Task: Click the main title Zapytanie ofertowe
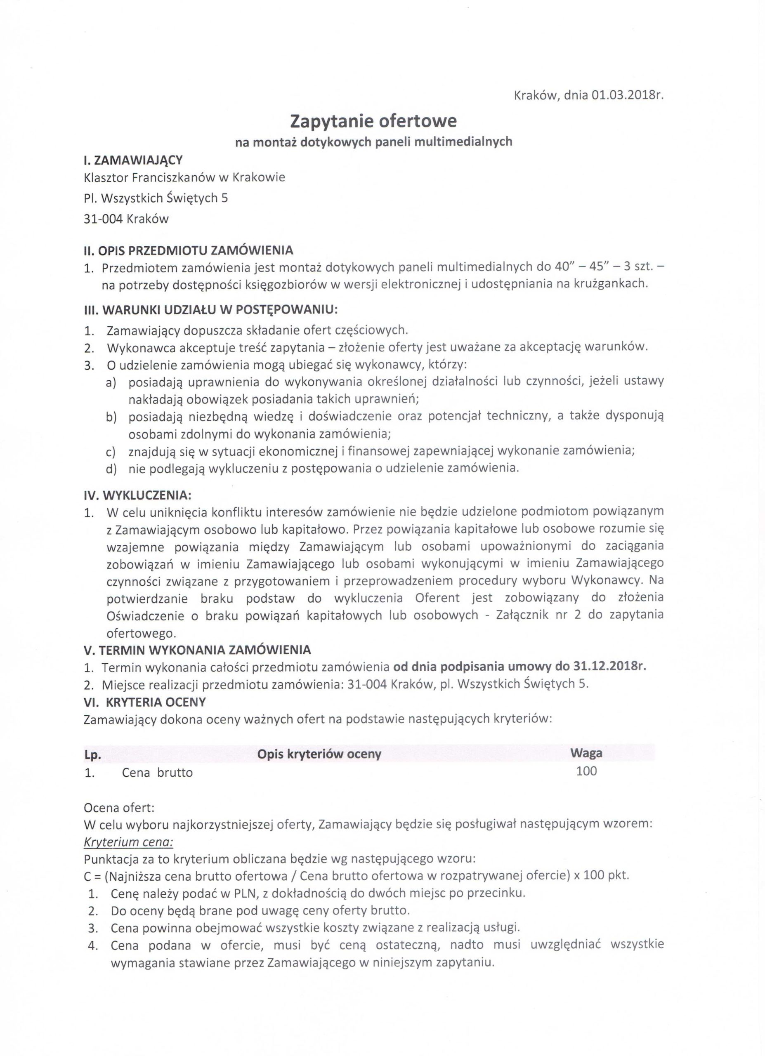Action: point(373,121)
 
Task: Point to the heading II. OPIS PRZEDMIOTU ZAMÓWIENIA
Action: point(189,250)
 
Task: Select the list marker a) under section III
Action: point(111,382)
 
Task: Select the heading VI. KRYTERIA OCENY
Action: point(145,701)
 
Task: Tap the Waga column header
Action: point(586,753)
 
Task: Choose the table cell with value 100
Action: point(586,771)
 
